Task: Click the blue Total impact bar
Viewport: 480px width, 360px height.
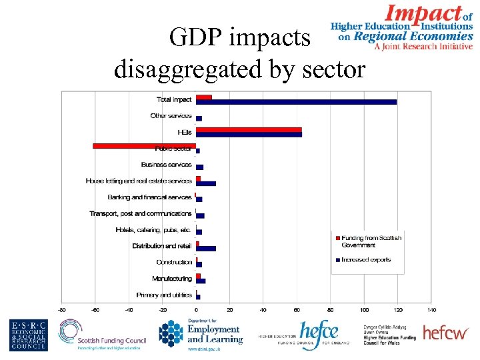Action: coord(296,102)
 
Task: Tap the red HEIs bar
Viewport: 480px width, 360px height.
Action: coord(249,129)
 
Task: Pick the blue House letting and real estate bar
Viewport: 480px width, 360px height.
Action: coord(206,183)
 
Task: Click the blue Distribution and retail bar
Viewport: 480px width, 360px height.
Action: coord(206,249)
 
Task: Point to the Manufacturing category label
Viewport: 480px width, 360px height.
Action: coord(171,279)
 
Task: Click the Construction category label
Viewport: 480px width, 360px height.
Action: coord(174,262)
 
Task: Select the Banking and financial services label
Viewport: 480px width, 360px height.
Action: coord(149,197)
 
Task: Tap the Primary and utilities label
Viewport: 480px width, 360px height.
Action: coord(163,295)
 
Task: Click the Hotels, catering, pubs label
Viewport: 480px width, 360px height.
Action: coord(153,230)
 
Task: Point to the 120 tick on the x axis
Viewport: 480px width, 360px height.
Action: coord(398,310)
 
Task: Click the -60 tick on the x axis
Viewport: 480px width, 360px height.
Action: coord(95,310)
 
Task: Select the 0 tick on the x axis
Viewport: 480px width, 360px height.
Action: coord(196,310)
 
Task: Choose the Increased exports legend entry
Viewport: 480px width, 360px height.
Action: coord(366,260)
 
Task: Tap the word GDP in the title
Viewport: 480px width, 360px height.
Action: coord(194,38)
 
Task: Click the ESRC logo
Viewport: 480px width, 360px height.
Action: coord(28,335)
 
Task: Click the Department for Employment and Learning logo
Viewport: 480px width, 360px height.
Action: coord(200,335)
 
